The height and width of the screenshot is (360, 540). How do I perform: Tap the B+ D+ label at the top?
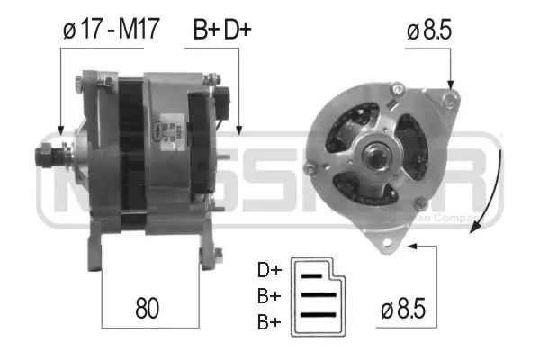click(x=221, y=30)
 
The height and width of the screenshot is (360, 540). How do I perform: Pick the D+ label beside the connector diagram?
click(x=269, y=270)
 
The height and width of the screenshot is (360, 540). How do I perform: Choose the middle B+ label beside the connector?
click(x=269, y=294)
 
